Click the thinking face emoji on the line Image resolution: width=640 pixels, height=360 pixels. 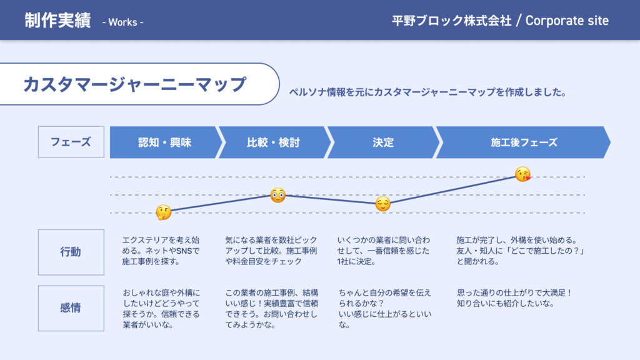tap(163, 212)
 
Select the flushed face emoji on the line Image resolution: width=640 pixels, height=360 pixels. tap(278, 195)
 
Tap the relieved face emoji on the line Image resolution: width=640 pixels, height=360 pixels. tap(383, 204)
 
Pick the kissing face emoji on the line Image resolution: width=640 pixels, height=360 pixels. tap(523, 174)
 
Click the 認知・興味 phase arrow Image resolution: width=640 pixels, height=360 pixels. tap(165, 142)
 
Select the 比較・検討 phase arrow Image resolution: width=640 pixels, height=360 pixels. tap(273, 142)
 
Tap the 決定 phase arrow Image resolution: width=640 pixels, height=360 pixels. tap(382, 142)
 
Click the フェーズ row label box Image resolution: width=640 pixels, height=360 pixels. tap(71, 142)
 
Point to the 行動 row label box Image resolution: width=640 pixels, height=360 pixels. tap(71, 252)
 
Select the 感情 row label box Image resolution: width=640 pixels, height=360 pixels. tap(71, 308)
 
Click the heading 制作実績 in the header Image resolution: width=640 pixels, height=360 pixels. tap(58, 21)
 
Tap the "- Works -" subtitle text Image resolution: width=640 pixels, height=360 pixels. tap(122, 22)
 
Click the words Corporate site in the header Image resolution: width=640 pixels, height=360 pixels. tap(567, 21)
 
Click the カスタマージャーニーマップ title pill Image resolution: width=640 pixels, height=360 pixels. tap(134, 84)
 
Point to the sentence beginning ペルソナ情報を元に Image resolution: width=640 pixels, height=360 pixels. tap(427, 92)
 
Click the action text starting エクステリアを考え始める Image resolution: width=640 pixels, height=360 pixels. tap(161, 251)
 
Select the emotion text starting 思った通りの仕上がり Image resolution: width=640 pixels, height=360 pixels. tap(515, 297)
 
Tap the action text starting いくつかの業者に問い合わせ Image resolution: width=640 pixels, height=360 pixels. tap(383, 251)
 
